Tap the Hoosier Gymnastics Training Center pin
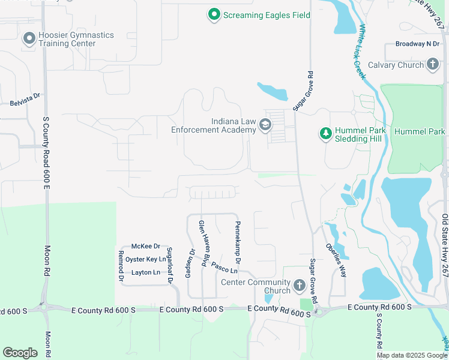pyautogui.click(x=29, y=39)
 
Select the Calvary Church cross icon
pyautogui.click(x=433, y=65)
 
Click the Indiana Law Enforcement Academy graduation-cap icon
pyautogui.click(x=265, y=125)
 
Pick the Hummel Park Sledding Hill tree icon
pyautogui.click(x=325, y=133)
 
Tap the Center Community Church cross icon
pyautogui.click(x=300, y=286)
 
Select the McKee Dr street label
pyautogui.click(x=146, y=246)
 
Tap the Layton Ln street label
pyautogui.click(x=146, y=272)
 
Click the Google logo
pyautogui.click(x=20, y=353)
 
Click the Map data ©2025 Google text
pyautogui.click(x=411, y=355)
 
